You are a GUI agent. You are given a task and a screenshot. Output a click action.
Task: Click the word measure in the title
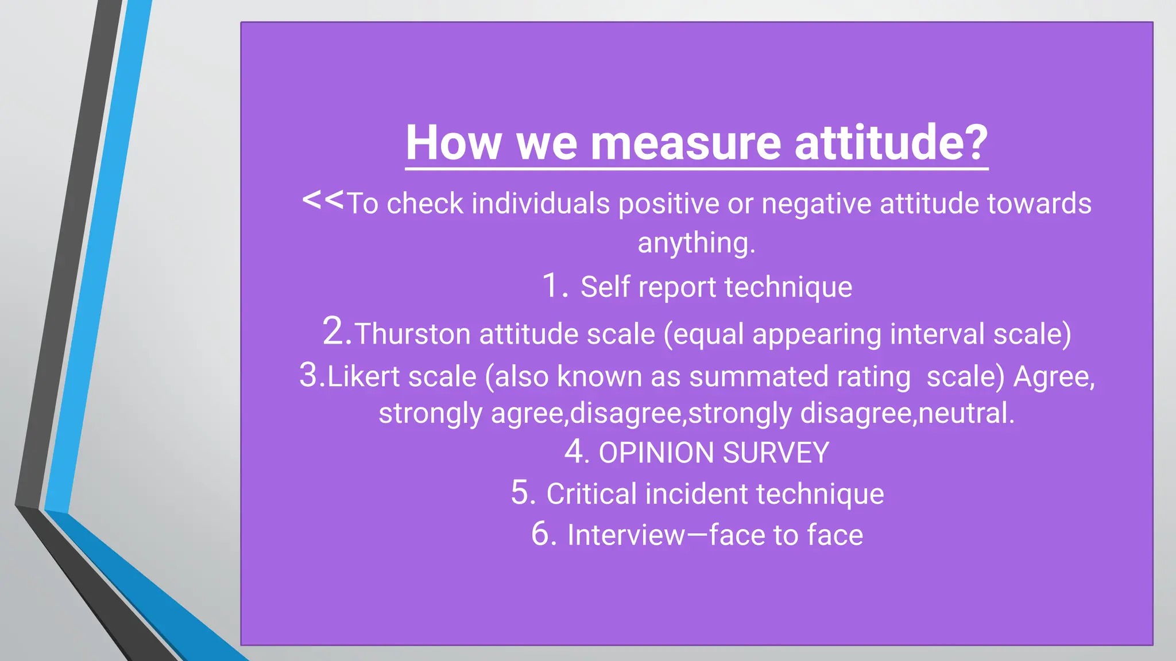tap(686, 143)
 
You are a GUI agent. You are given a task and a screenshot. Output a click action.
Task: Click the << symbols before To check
tap(323, 200)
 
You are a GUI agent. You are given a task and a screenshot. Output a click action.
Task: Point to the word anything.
tap(696, 243)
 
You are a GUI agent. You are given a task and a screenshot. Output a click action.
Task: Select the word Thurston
tap(412, 334)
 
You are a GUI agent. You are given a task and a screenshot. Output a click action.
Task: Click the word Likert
tap(363, 377)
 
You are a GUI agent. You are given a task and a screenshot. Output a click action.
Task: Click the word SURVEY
tap(776, 453)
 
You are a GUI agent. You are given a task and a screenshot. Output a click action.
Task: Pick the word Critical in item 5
tap(591, 494)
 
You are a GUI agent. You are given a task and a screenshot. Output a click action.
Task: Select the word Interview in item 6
tap(626, 535)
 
